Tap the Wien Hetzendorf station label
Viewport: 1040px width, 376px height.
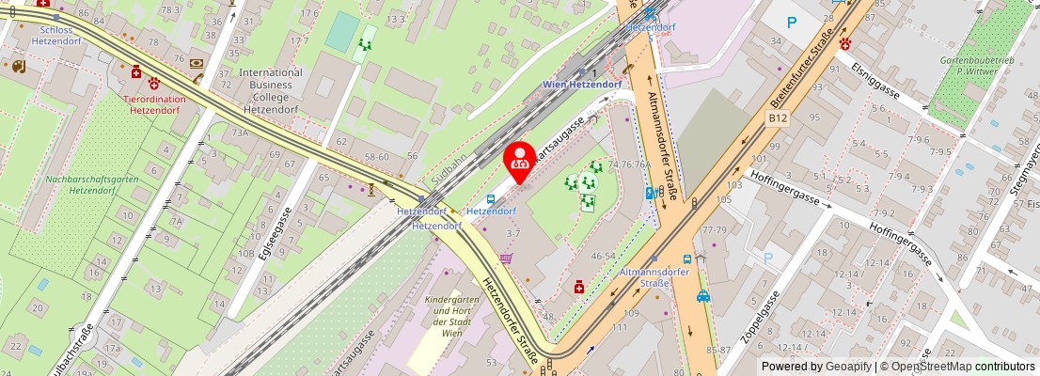pyautogui.click(x=582, y=85)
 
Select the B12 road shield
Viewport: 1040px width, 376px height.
pyautogui.click(x=776, y=117)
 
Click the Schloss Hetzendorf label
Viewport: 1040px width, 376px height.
pyautogui.click(x=57, y=36)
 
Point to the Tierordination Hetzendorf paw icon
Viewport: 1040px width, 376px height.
pyautogui.click(x=153, y=84)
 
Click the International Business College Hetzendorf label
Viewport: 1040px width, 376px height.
pyautogui.click(x=271, y=90)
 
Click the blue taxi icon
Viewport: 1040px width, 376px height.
pyautogui.click(x=703, y=296)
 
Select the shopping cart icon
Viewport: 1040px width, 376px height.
pyautogui.click(x=506, y=258)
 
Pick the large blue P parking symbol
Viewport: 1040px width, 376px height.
pyautogui.click(x=792, y=22)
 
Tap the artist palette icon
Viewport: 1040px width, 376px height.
pyautogui.click(x=18, y=67)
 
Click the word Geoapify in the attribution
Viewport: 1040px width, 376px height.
pyautogui.click(x=848, y=367)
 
